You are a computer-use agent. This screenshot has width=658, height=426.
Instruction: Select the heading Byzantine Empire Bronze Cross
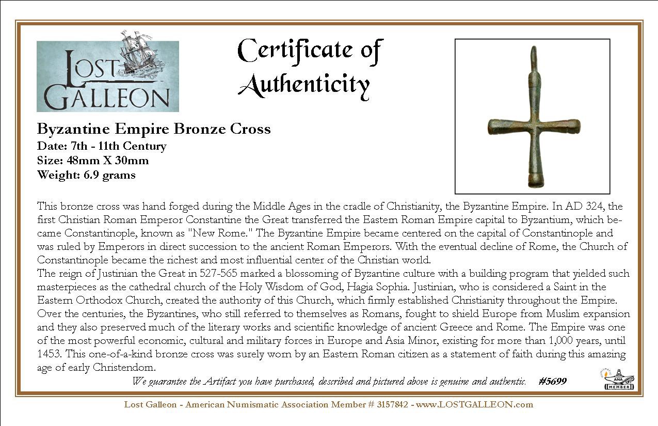pyautogui.click(x=154, y=129)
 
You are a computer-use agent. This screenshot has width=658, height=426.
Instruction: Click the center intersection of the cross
pyautogui.click(x=534, y=126)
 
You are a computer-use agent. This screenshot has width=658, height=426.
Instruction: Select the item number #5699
pyautogui.click(x=552, y=381)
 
